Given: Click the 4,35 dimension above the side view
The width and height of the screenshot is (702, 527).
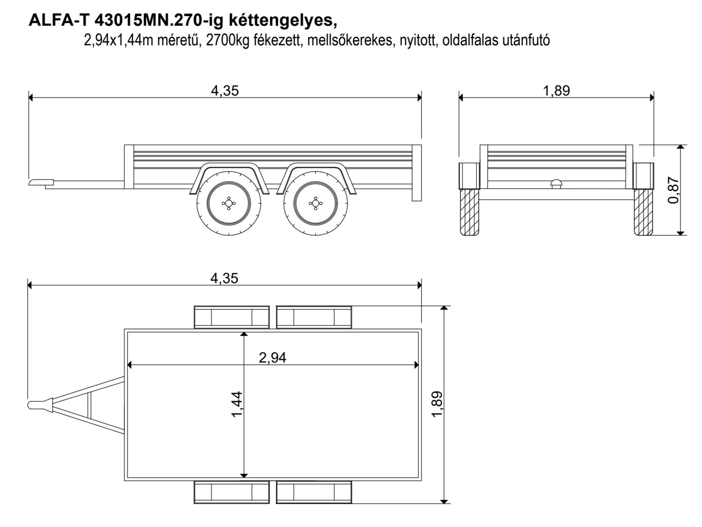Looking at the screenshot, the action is (x=225, y=91).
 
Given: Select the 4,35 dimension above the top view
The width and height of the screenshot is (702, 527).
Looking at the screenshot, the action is (x=224, y=278).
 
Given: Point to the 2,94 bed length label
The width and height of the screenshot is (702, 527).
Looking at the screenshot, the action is (x=272, y=357).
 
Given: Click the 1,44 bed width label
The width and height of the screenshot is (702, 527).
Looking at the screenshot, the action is (x=237, y=404).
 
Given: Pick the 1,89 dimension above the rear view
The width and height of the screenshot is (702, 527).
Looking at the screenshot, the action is (x=557, y=91).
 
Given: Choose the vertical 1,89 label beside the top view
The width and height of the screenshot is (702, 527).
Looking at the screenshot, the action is (x=437, y=404).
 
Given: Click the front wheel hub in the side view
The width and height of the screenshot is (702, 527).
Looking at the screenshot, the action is (x=229, y=203).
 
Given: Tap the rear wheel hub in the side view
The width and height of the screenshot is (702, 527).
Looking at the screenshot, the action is (x=315, y=203).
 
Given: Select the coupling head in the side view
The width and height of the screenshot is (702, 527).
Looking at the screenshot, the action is (x=41, y=182).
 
